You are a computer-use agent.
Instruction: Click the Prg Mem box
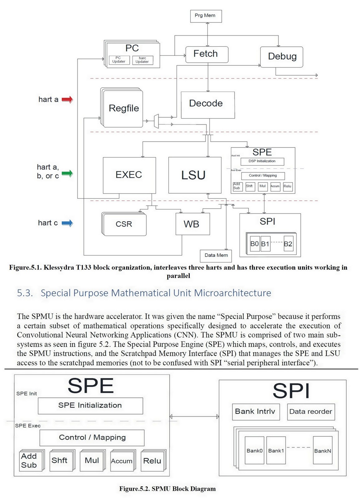[206, 16]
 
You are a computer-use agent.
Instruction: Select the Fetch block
[207, 54]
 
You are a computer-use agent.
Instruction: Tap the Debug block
[282, 57]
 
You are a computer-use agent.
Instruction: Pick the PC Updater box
[119, 60]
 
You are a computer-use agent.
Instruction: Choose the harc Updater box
[142, 60]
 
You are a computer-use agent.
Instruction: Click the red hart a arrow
[67, 100]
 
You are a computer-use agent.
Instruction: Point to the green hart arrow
[67, 173]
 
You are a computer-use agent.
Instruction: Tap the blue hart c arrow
[67, 223]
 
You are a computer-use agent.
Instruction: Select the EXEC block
[129, 175]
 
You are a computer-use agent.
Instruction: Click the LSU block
[195, 175]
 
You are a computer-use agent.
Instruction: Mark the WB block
[192, 224]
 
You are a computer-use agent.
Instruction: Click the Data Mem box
[216, 256]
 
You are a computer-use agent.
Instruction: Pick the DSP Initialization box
[262, 161]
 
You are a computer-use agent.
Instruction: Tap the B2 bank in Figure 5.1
[288, 244]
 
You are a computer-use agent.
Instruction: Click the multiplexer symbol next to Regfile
[156, 121]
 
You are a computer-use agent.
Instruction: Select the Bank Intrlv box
[255, 412]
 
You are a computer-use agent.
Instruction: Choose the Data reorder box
[310, 412]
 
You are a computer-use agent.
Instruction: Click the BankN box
[322, 450]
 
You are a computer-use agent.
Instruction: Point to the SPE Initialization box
[90, 406]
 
